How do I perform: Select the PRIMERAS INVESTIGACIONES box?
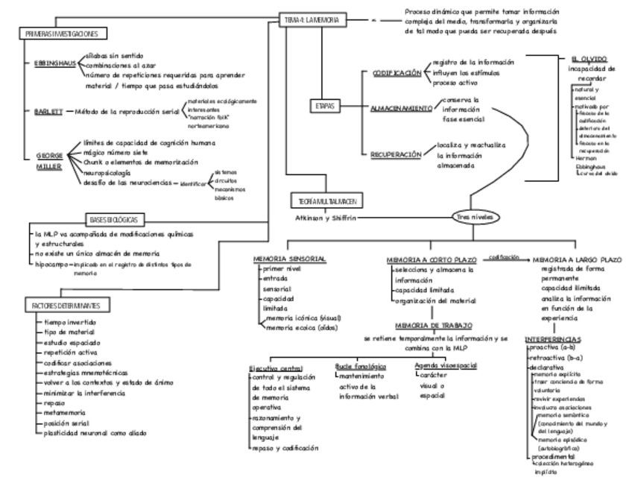tap(63, 34)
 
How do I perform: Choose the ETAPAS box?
tap(323, 107)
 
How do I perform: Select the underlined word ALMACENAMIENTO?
tap(401, 108)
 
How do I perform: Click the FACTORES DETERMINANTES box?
tap(66, 306)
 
